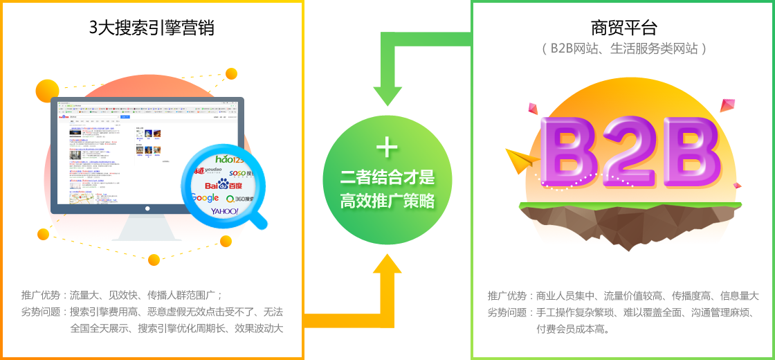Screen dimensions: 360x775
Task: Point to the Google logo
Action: click(x=205, y=199)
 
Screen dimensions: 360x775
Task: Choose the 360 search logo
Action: click(x=239, y=199)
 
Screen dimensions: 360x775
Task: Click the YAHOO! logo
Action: click(x=224, y=210)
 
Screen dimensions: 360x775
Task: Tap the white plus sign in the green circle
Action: click(x=387, y=147)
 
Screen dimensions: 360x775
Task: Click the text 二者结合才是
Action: click(x=387, y=178)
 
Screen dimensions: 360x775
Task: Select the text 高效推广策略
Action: click(x=387, y=201)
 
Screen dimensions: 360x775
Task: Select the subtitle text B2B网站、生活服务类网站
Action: click(x=623, y=48)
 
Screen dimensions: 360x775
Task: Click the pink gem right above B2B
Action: click(x=727, y=106)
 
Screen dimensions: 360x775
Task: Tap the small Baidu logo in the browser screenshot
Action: click(x=64, y=117)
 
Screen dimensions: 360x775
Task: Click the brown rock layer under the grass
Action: click(x=630, y=227)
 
